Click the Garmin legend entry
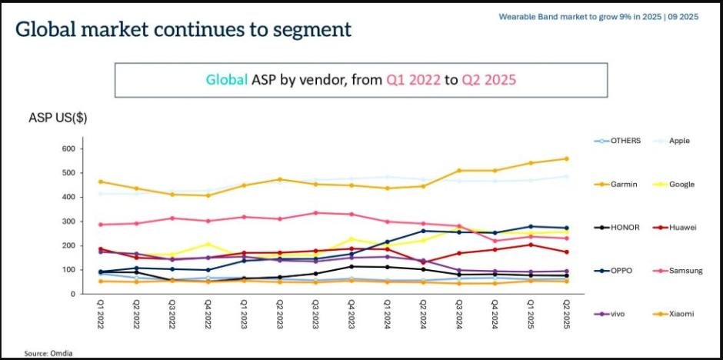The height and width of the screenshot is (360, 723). (x=625, y=185)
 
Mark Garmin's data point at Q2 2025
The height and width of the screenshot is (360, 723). (x=567, y=159)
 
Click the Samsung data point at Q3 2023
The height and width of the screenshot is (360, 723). (x=316, y=213)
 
